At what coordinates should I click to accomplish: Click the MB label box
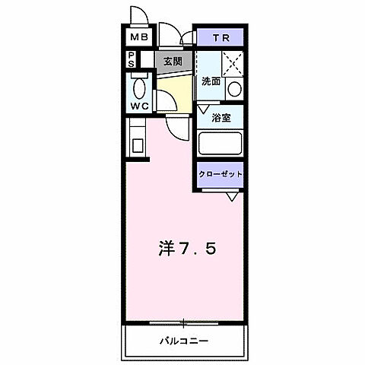(138, 36)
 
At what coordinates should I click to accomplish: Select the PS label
(131, 59)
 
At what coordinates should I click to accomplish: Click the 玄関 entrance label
(172, 62)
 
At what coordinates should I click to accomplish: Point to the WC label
(138, 105)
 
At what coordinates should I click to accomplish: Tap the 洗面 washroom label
(211, 81)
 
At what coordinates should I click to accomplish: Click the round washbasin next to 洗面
(234, 88)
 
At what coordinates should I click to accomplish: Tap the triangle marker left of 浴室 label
(203, 110)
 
